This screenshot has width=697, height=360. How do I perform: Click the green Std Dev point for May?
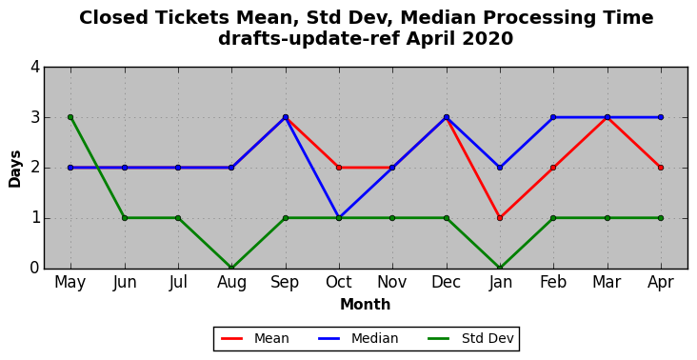(70, 117)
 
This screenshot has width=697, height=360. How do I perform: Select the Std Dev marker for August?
(231, 268)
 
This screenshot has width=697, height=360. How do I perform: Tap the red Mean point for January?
(500, 218)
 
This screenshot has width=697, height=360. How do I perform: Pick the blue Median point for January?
(500, 168)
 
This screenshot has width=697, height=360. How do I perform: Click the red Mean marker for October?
(339, 168)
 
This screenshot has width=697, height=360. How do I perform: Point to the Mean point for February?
(553, 168)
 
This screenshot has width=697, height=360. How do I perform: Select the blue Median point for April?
(661, 117)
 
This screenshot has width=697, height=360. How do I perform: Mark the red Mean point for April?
(661, 168)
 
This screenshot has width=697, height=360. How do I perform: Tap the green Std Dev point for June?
(125, 218)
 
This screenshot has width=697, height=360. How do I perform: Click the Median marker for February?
(553, 117)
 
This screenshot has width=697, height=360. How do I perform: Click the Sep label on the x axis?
(285, 282)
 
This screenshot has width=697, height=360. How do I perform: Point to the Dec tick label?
(446, 282)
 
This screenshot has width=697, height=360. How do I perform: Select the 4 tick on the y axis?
(35, 67)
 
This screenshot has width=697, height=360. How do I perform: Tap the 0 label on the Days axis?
(35, 269)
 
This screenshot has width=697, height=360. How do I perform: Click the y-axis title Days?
(14, 169)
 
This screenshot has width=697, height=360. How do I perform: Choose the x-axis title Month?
(366, 305)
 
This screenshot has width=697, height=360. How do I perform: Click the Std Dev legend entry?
(470, 339)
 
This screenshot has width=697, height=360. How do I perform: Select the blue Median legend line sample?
(329, 339)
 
